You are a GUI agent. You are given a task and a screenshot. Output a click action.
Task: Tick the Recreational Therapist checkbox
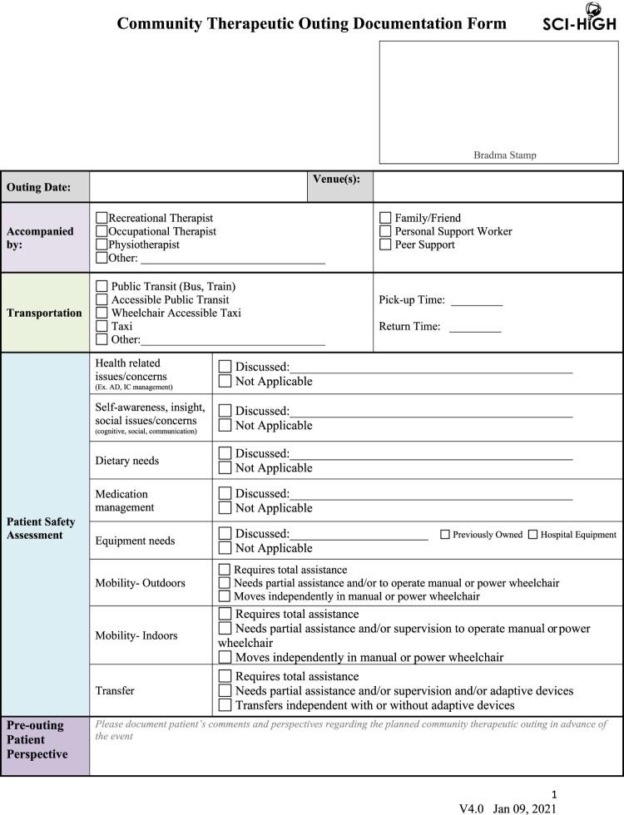(x=102, y=218)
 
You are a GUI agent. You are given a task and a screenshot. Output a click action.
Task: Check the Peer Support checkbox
(x=385, y=244)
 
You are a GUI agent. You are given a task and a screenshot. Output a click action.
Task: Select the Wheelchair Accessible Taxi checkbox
(x=102, y=313)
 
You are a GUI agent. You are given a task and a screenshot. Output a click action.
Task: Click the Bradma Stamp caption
(x=505, y=155)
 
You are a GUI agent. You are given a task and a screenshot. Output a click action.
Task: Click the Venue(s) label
(x=336, y=179)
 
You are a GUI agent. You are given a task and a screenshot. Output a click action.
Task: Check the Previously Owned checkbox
(x=445, y=535)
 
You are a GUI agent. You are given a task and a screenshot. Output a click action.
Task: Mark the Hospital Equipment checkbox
(x=532, y=535)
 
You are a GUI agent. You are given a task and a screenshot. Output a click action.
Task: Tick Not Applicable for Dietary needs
(x=225, y=467)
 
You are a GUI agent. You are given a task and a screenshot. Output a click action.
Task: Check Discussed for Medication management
(x=225, y=494)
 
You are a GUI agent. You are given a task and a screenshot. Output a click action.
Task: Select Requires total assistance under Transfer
(x=225, y=677)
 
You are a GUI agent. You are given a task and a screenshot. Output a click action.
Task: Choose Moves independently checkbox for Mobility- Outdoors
(x=224, y=596)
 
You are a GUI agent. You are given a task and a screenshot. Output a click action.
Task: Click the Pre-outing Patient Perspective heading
(x=35, y=739)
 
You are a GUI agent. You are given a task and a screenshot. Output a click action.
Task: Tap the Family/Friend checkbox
(x=385, y=218)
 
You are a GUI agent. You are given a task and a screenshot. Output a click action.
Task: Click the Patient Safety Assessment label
(x=41, y=528)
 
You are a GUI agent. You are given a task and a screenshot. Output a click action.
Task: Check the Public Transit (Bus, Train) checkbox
(x=102, y=286)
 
